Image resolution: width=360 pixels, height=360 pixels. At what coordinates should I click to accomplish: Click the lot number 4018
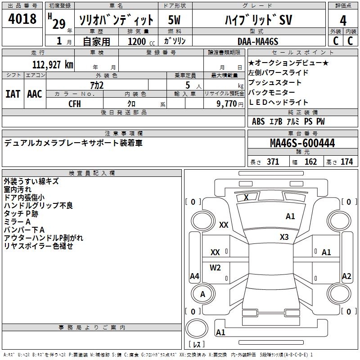coord(22,19)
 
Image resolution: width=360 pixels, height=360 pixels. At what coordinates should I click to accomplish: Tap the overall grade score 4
coord(343,21)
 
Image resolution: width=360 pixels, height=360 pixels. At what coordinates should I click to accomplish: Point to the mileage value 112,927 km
coord(53,65)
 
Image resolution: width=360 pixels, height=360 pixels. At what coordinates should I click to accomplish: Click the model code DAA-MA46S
coord(258,41)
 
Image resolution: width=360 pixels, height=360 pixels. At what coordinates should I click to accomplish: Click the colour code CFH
coord(75,103)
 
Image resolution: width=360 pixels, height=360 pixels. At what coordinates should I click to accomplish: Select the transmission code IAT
coord(13,94)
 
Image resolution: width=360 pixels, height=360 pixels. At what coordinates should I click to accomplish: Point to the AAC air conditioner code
coord(35,94)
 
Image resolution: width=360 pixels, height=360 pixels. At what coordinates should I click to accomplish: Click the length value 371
coord(273,162)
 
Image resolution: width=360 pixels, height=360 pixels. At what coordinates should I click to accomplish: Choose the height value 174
coord(346,162)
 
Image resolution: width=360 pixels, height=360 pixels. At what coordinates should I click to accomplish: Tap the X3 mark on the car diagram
coord(284,237)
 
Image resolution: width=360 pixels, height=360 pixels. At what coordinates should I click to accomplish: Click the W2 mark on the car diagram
coord(216,268)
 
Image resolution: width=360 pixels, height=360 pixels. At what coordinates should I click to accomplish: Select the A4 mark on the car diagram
coord(194,276)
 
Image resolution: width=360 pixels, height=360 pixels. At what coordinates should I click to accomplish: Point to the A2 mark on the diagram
coord(346,276)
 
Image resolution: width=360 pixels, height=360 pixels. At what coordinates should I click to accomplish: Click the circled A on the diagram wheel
coord(202,294)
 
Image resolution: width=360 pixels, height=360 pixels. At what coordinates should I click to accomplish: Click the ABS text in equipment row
coord(258,121)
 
